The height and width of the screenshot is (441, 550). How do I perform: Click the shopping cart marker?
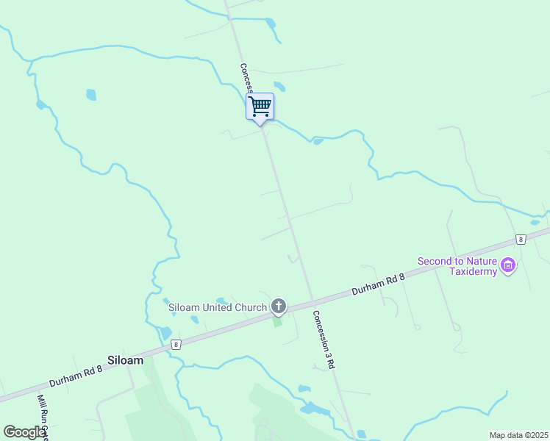click(260, 107)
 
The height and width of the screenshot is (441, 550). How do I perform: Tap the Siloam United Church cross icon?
click(278, 306)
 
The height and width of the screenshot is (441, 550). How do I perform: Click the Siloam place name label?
click(125, 361)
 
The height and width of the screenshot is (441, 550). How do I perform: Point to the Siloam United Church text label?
click(207, 306)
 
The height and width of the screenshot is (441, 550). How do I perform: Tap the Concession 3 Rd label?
click(324, 339)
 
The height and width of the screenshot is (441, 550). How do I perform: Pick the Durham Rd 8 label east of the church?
click(378, 284)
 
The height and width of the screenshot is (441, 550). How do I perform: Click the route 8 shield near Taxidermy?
click(521, 240)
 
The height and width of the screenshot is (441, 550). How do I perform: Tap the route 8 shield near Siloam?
click(176, 344)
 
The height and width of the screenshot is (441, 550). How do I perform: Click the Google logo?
click(25, 432)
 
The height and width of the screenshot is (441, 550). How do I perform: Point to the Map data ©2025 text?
click(518, 435)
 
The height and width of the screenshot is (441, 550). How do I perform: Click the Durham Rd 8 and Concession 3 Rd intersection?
click(314, 301)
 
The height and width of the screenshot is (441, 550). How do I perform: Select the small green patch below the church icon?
click(277, 321)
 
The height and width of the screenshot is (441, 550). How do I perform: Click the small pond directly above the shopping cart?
click(279, 86)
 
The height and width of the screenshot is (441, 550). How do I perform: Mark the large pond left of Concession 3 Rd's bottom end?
click(315, 409)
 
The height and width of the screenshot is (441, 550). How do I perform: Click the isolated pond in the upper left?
click(91, 95)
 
